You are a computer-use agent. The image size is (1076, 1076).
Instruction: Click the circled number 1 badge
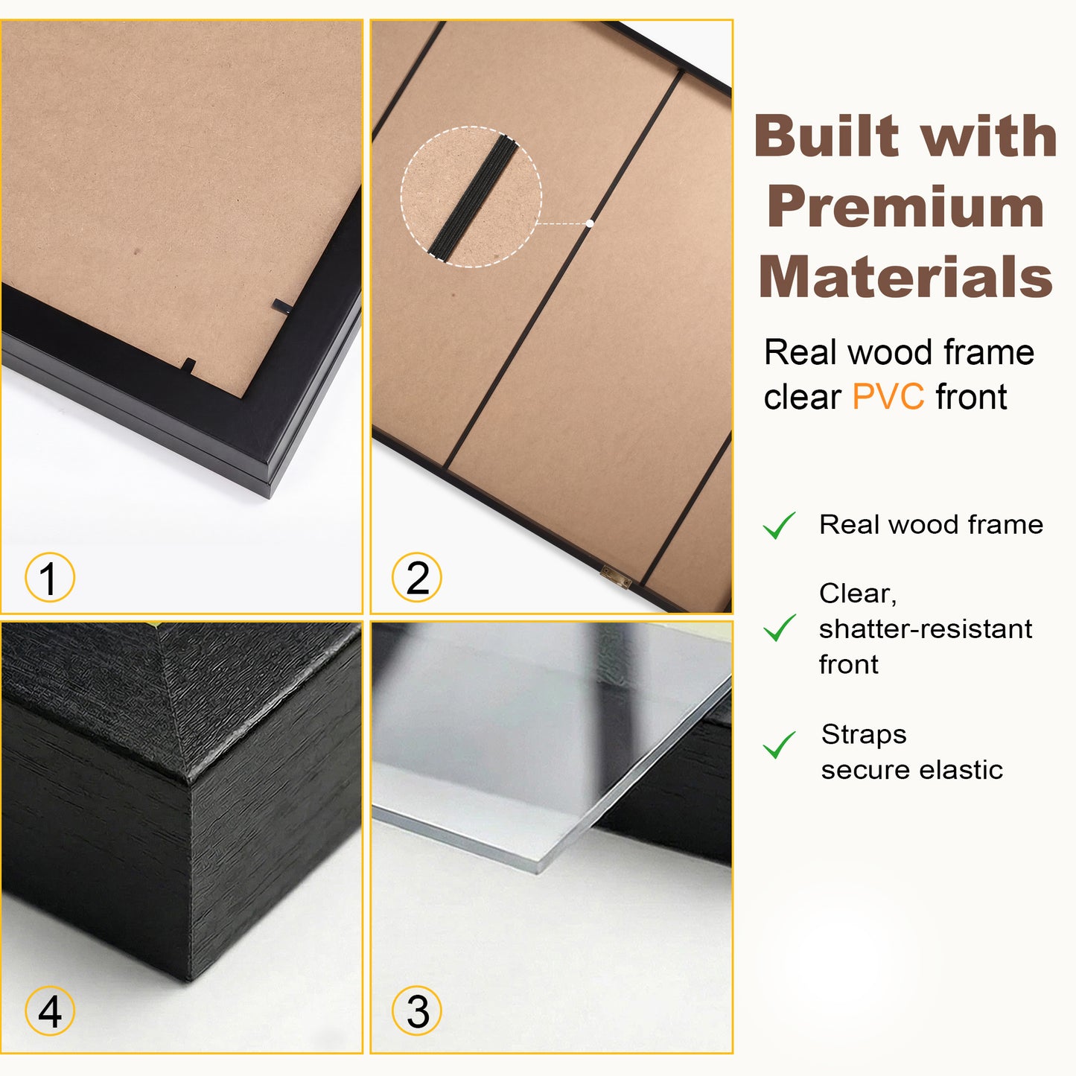click(50, 578)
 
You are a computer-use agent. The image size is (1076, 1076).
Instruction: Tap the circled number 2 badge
click(417, 578)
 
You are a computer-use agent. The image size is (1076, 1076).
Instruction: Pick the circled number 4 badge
click(50, 1011)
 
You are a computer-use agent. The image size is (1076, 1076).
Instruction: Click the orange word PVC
click(888, 397)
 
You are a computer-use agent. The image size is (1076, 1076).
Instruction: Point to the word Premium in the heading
click(905, 208)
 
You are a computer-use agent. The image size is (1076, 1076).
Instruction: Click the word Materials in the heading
click(905, 277)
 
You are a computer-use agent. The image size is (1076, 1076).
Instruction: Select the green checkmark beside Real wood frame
click(779, 526)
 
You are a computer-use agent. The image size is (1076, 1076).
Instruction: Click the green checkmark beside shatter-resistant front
click(779, 628)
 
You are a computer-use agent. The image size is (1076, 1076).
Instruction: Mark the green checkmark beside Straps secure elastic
click(779, 745)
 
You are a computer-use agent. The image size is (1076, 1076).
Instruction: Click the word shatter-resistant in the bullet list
click(925, 629)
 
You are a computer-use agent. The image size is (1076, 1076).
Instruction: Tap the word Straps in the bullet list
click(864, 735)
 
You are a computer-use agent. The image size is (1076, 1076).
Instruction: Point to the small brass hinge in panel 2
click(616, 575)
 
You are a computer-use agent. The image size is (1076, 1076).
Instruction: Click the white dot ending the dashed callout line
click(590, 223)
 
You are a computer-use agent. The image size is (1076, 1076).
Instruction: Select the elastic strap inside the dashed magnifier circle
click(471, 197)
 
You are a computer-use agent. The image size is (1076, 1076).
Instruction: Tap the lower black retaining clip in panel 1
click(189, 366)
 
